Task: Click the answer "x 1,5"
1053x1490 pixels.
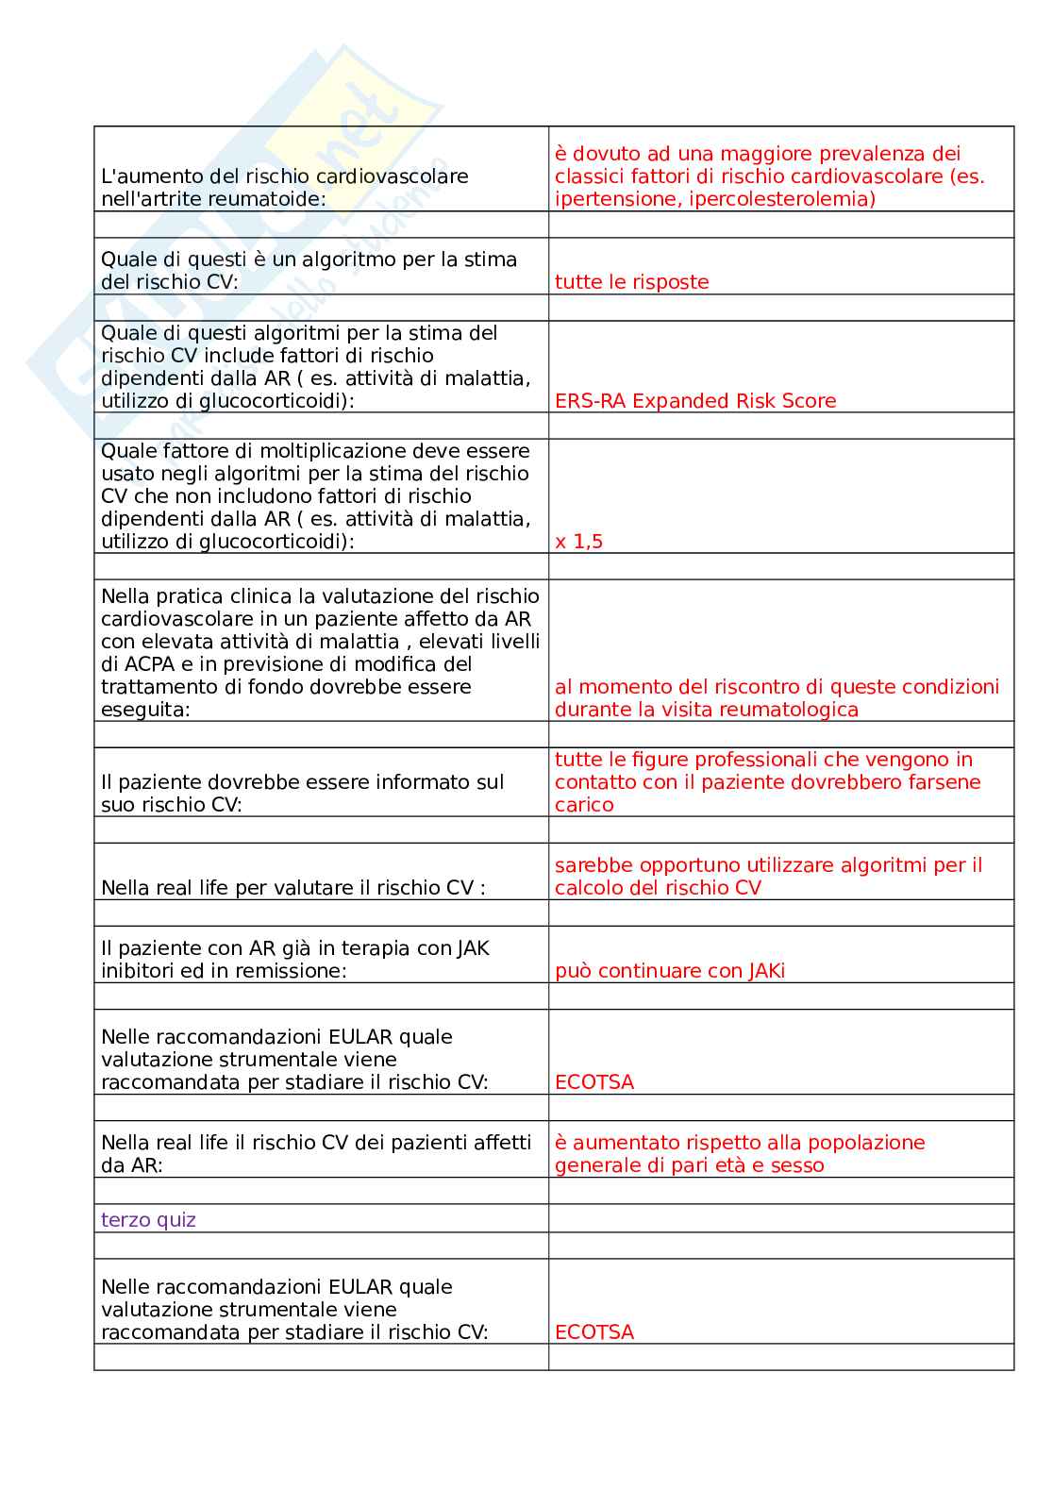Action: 578,542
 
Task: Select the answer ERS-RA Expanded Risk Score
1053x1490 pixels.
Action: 695,401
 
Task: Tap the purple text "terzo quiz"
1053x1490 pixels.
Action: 148,1220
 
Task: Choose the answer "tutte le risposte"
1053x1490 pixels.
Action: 631,282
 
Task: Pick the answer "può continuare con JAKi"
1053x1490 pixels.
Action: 670,971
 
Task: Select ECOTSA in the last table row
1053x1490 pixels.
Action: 594,1332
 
